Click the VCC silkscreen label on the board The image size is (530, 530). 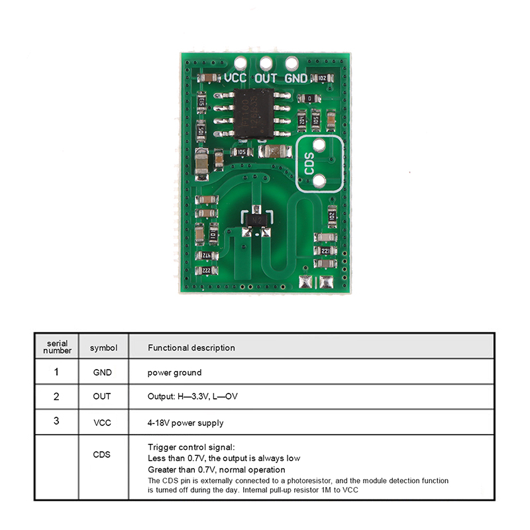point(235,78)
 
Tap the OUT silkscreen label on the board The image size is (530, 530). point(266,78)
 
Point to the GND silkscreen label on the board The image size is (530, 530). point(296,78)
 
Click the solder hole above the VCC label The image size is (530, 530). point(241,64)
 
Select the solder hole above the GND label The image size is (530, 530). point(291,64)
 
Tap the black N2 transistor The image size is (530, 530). point(256,218)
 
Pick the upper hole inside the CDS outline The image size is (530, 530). point(319,146)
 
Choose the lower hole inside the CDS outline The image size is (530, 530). point(319,180)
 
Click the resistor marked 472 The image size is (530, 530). point(206,255)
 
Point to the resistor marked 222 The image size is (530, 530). point(207,271)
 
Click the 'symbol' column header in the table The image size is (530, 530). point(103,347)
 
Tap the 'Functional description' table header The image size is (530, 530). point(191,347)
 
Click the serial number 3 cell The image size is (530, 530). point(56,421)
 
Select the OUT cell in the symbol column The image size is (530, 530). point(102,396)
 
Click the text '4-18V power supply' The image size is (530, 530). point(185,423)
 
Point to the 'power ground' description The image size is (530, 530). point(174,372)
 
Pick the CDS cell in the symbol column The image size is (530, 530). point(102,454)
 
